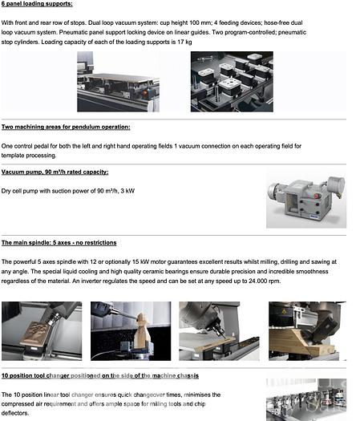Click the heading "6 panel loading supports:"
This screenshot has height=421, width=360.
[x=37, y=5]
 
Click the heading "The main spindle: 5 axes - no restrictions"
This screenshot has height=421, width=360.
[x=59, y=242]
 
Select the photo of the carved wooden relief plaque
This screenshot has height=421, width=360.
[x=41, y=330]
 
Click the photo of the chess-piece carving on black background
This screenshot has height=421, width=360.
[x=130, y=330]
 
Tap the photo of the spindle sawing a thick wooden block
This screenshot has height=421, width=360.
[x=306, y=330]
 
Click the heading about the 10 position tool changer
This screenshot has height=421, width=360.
[x=100, y=375]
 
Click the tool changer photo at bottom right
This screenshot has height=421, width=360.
[x=305, y=399]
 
